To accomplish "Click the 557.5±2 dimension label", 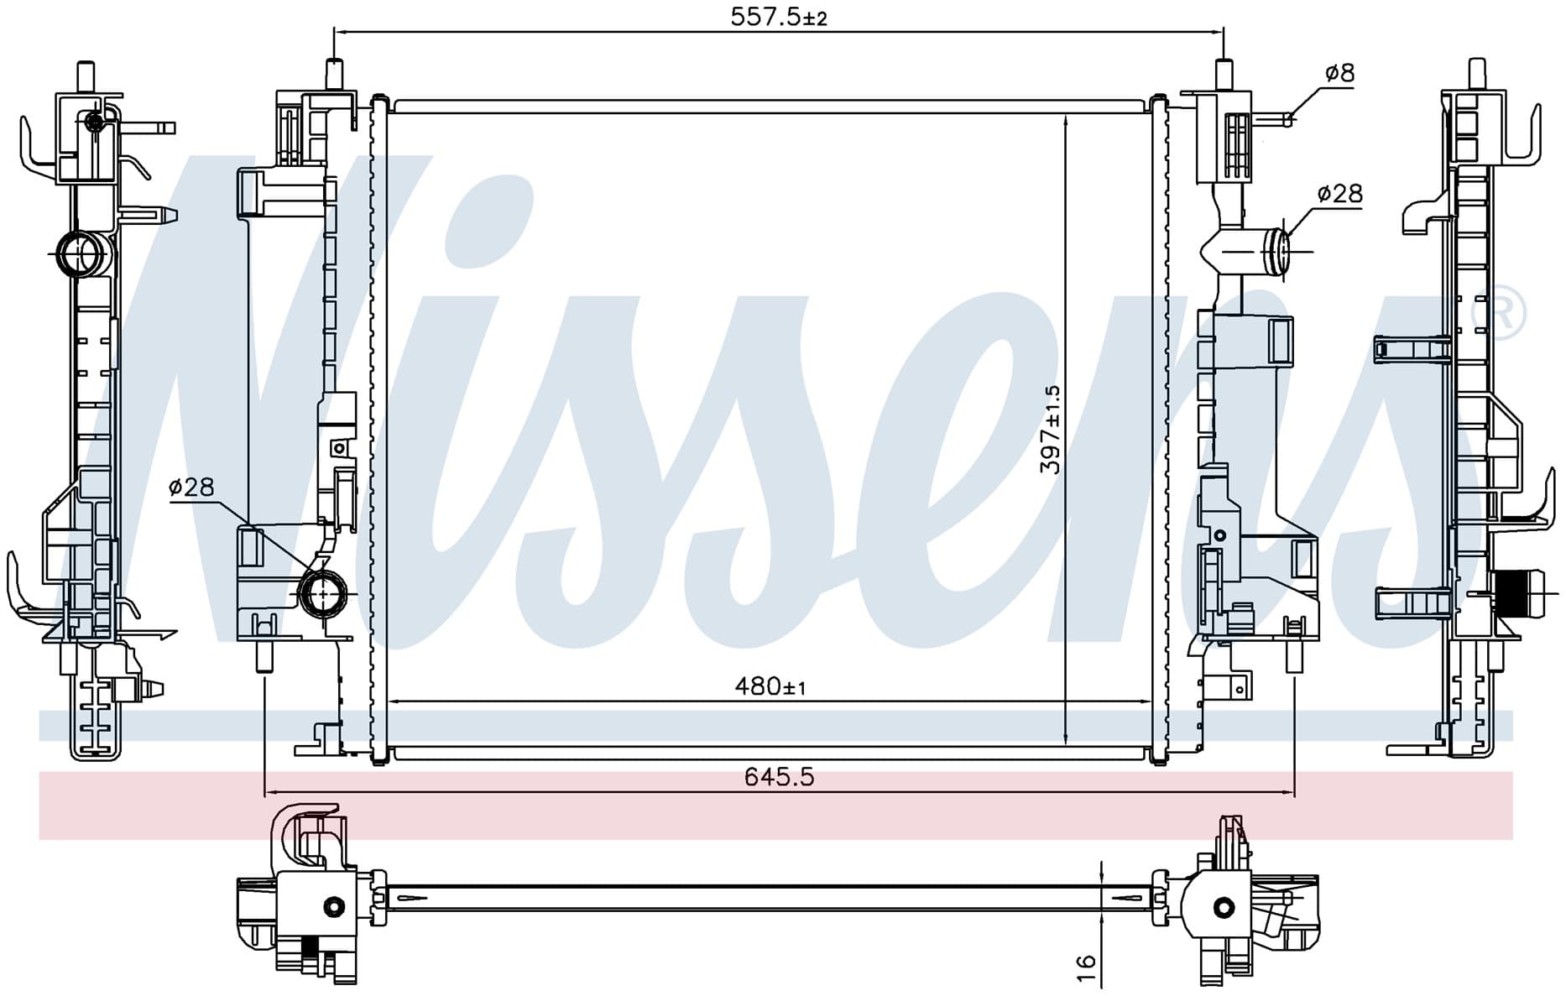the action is point(779,17).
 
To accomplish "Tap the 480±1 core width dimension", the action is point(770,686).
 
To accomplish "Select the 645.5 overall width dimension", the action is point(780,777).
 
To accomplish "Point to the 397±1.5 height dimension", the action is point(1051,430).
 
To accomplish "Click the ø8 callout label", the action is point(1339,73).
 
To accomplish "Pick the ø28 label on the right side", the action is point(1340,194).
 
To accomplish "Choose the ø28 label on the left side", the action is point(191,487).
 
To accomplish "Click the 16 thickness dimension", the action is point(1086,962).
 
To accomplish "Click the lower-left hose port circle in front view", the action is point(324,593).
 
